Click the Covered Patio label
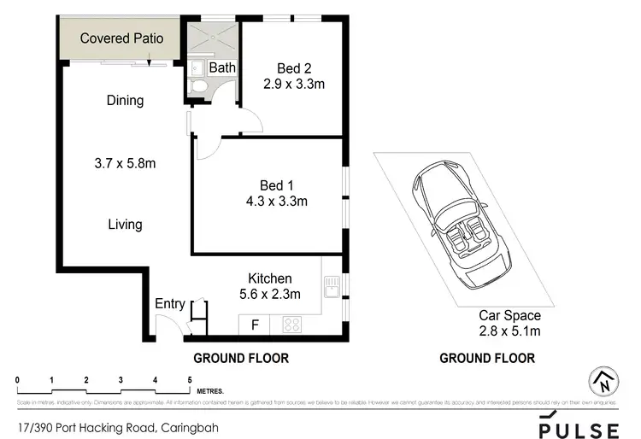121,38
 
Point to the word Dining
125,101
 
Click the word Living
125,225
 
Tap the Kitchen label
269,278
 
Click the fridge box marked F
254,325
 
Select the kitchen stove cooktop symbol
291,325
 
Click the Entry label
169,304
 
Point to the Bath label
222,67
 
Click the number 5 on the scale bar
189,378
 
